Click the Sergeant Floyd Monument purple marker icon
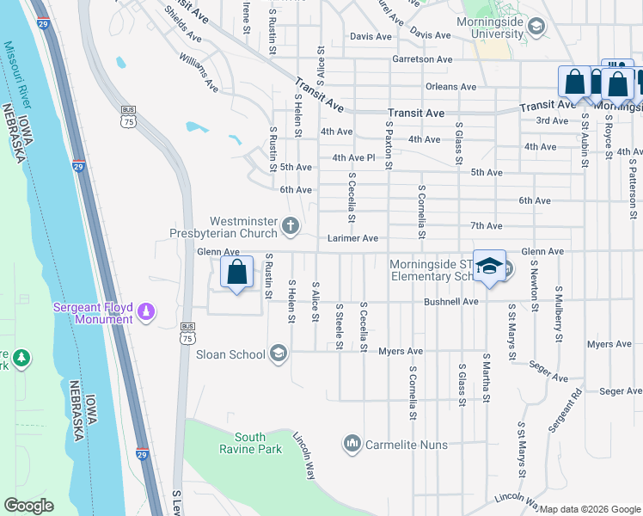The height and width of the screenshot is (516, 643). (x=147, y=310)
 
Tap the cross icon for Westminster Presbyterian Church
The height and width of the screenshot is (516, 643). (x=291, y=227)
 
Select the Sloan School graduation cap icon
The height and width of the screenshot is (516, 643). (x=278, y=353)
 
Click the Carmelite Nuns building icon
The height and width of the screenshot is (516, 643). (x=352, y=444)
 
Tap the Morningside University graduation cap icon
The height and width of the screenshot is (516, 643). (x=536, y=28)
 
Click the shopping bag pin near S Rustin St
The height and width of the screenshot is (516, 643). (x=236, y=273)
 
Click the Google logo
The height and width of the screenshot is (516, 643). (x=28, y=506)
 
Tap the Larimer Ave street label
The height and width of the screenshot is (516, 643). (x=352, y=238)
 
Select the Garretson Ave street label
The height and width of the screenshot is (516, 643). (x=421, y=59)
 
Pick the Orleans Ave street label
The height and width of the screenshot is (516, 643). (x=450, y=87)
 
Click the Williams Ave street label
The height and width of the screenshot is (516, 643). (x=199, y=72)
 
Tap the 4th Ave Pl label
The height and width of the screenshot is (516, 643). (x=354, y=157)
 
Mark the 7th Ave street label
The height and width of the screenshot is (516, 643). (x=487, y=225)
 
